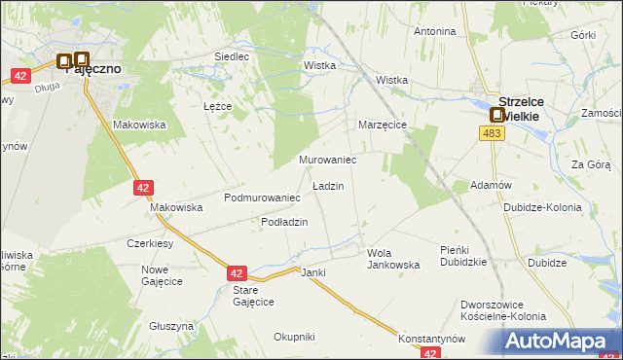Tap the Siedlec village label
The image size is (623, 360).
(x=232, y=57)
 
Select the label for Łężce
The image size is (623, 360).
(x=216, y=106)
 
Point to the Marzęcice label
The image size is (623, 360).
(x=382, y=126)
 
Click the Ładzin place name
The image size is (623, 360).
(x=327, y=185)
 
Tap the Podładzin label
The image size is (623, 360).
(x=284, y=222)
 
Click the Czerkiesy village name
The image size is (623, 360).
(x=150, y=243)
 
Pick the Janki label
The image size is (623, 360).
(x=312, y=272)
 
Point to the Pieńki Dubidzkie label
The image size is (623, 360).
(x=462, y=256)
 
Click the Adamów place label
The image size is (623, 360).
(x=491, y=185)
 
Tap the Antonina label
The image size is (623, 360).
(x=435, y=31)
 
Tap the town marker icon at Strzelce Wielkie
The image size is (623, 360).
(x=496, y=115)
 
